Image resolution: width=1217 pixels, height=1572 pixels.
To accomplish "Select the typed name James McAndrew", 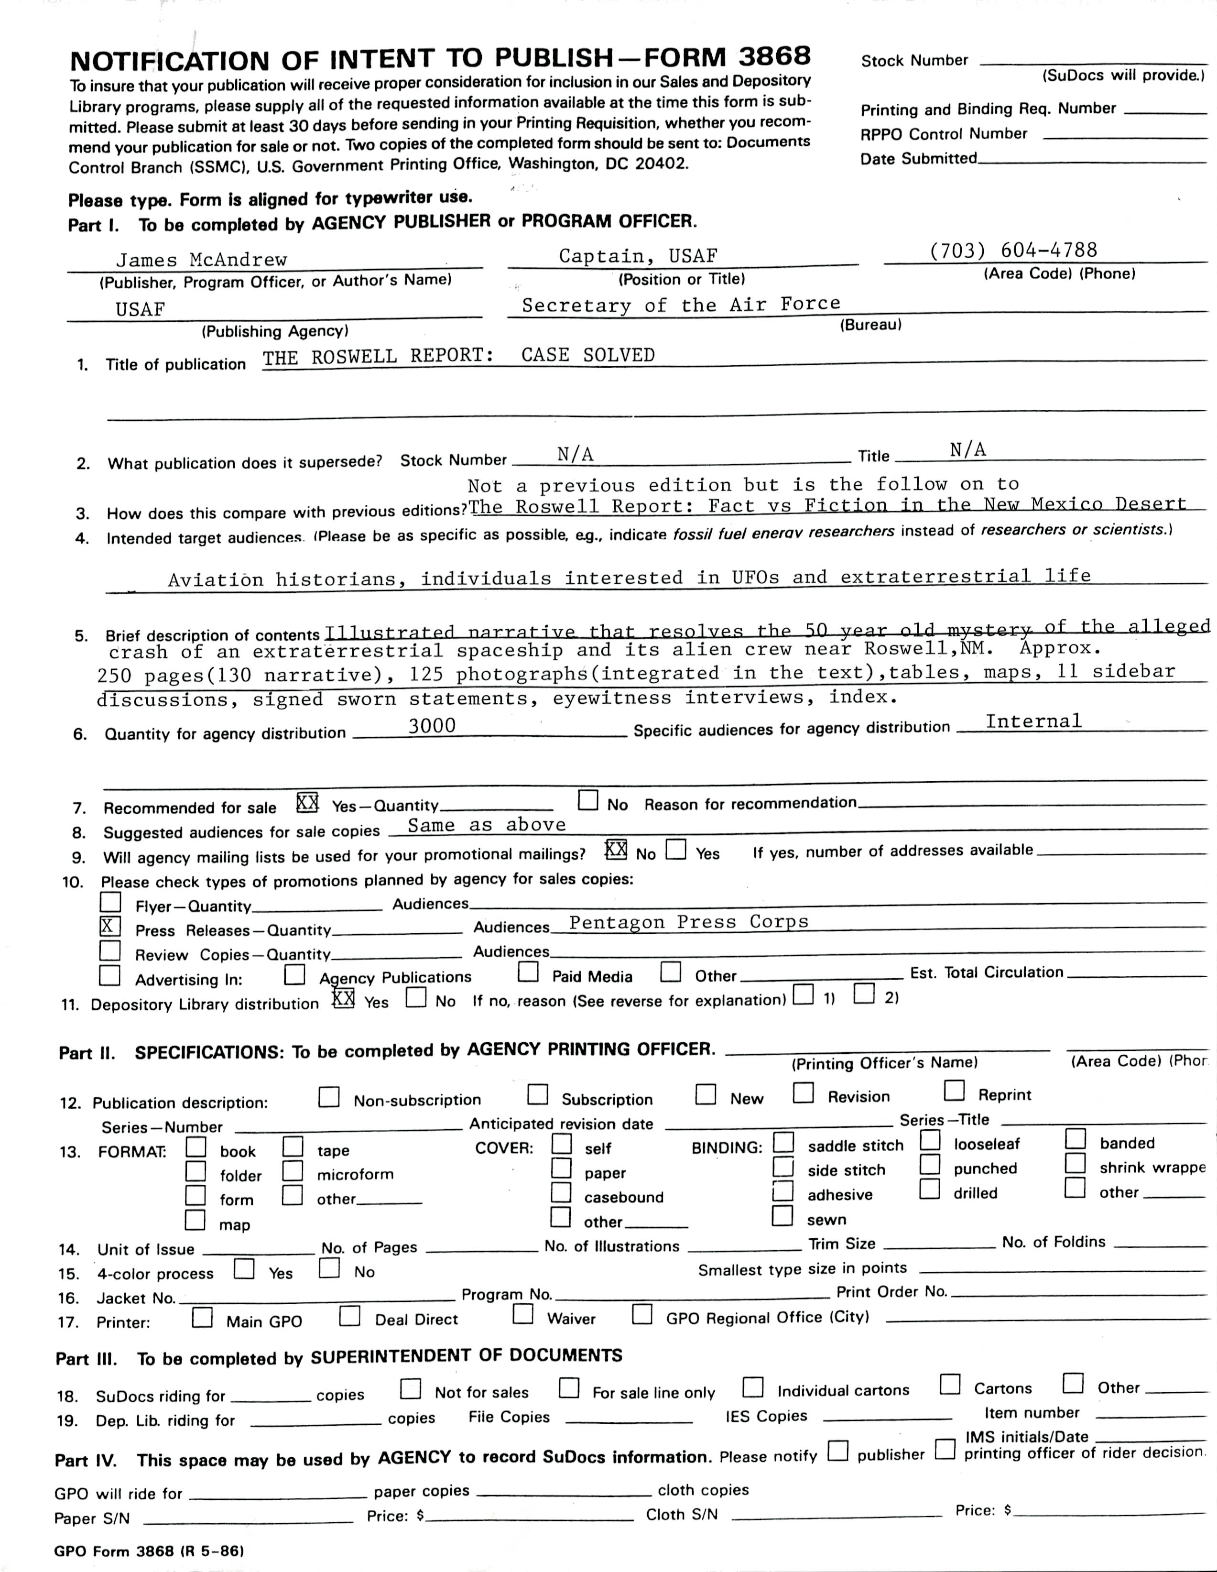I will (202, 260).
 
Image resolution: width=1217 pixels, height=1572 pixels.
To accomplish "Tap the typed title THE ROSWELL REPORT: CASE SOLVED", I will (458, 356).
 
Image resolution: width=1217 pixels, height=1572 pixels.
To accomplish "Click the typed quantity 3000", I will (432, 726).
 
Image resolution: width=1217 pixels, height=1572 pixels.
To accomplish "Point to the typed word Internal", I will (1033, 721).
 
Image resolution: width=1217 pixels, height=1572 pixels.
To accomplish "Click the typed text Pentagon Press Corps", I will (689, 922).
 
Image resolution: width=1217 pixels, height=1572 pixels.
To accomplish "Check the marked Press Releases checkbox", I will (110, 927).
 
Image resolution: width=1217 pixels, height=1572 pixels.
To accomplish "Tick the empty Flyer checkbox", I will (110, 902).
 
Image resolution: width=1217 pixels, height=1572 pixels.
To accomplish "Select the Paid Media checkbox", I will (528, 972).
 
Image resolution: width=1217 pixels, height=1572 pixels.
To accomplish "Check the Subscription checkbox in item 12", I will (538, 1095).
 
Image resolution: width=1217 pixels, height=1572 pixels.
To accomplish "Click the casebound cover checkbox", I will (561, 1193).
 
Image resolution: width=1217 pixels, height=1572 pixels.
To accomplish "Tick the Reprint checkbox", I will (954, 1091).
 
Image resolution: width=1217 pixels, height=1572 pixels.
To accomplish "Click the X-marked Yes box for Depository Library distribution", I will (343, 998).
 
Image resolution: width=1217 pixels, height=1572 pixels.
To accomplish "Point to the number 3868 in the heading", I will (774, 56).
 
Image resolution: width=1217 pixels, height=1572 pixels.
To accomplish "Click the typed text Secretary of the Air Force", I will (681, 305).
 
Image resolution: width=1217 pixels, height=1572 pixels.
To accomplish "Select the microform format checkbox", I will (292, 1171).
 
